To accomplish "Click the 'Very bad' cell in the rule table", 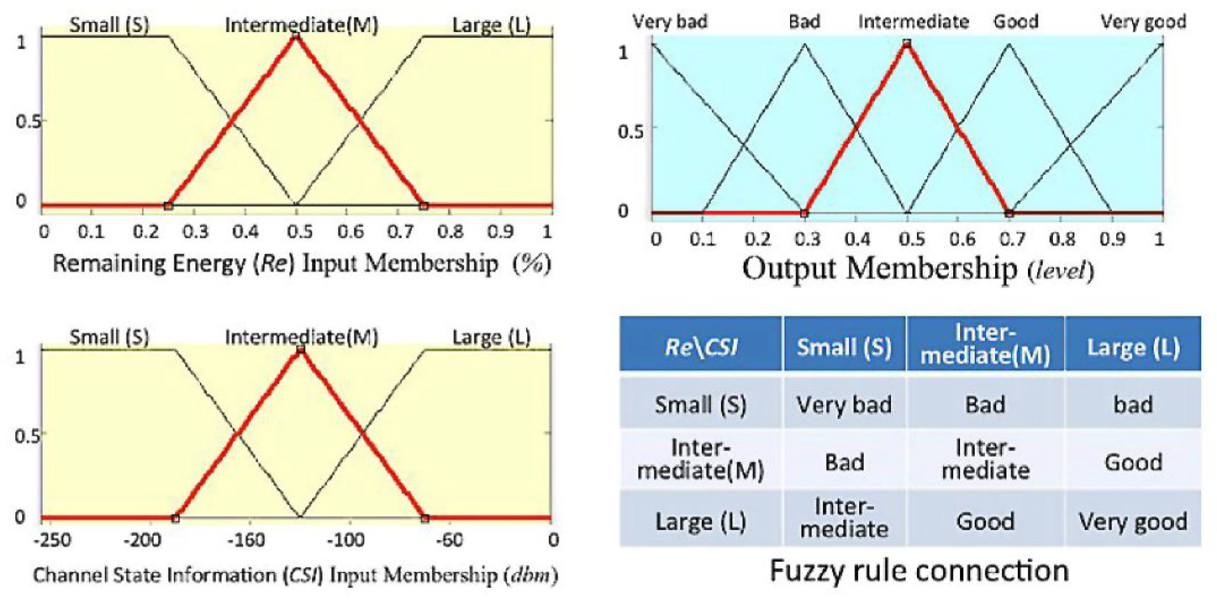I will [844, 405].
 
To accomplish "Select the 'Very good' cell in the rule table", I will [1133, 521].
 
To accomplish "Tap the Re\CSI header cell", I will [701, 346].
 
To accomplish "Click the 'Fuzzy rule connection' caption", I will [919, 570].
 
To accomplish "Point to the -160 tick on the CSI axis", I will [246, 540].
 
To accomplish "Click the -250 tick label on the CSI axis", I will [52, 540].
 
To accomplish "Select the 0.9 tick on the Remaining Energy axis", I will [500, 231].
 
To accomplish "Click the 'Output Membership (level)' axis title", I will [918, 269].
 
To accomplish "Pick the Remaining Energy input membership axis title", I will [302, 264].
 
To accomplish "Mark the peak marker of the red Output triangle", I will [907, 43].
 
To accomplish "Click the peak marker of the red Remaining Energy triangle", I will [295, 36].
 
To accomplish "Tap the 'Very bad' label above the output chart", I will [670, 22].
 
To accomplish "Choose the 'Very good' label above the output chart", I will [1143, 22].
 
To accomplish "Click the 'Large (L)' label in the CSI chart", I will [491, 337].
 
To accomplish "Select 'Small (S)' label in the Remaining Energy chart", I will [109, 25].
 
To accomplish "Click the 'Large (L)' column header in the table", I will [1133, 346].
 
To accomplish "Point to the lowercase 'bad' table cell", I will [1133, 405].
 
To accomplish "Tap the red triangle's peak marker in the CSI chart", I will [301, 349].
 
